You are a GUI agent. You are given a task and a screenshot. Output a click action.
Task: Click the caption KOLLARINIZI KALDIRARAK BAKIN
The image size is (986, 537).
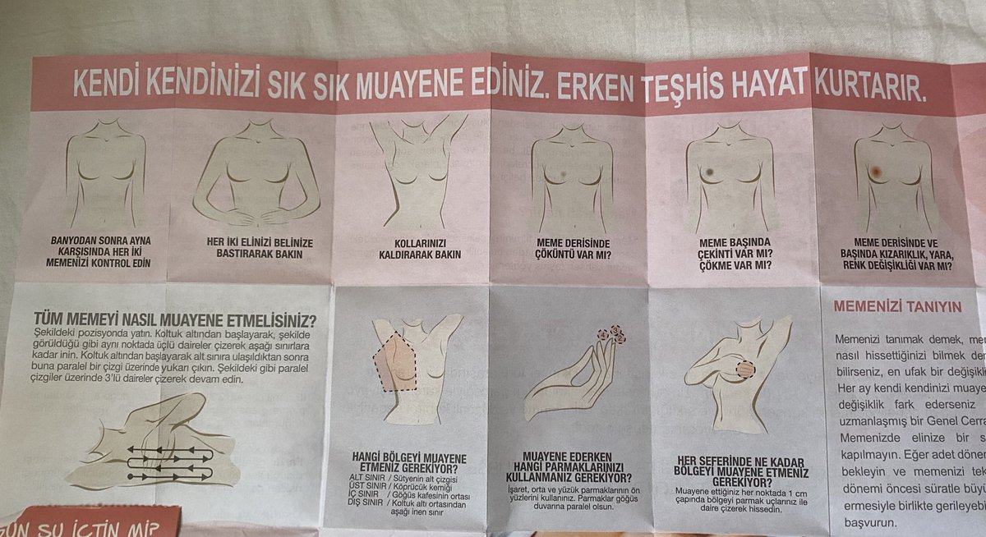[413, 249]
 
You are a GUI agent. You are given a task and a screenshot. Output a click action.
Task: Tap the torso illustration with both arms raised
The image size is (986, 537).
[414, 172]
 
